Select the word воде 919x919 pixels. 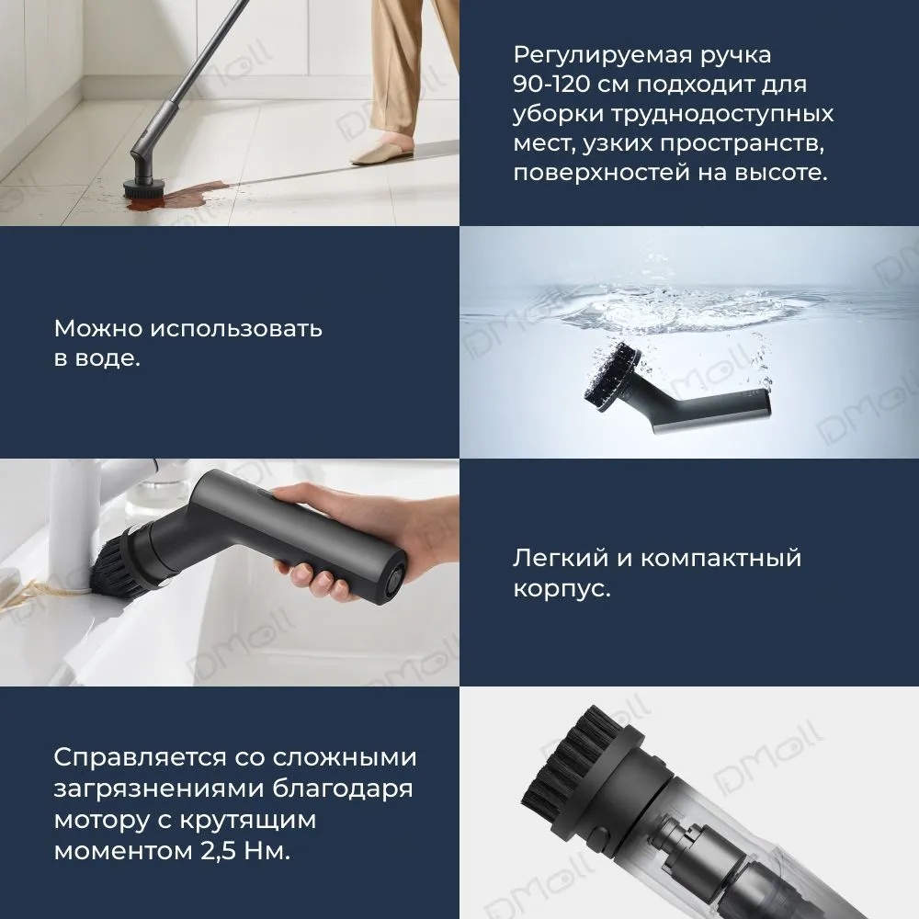110,357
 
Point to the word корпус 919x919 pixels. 562,588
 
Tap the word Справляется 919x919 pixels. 138,758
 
